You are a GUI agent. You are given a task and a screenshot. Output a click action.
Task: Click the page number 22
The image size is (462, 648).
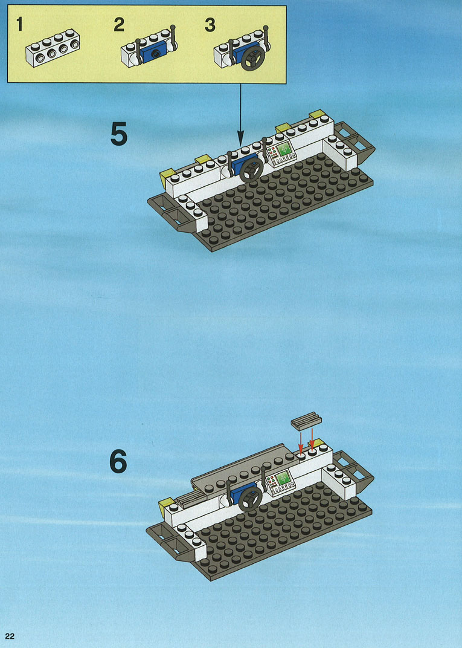pyautogui.click(x=10, y=637)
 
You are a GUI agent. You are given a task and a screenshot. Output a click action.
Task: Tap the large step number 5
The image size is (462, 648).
pyautogui.click(x=119, y=134)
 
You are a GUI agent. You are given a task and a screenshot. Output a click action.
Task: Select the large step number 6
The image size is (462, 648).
pyautogui.click(x=118, y=462)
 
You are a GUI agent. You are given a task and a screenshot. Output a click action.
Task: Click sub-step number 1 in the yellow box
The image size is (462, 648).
pyautogui.click(x=19, y=24)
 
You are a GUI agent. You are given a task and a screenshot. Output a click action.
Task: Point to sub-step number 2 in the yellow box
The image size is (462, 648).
pyautogui.click(x=119, y=24)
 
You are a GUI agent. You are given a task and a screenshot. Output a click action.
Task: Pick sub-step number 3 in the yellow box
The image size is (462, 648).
pyautogui.click(x=210, y=25)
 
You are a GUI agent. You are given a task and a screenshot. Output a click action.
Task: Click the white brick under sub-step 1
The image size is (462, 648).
pyautogui.click(x=53, y=48)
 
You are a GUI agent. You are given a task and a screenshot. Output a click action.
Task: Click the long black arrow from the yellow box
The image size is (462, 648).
pyautogui.click(x=241, y=114)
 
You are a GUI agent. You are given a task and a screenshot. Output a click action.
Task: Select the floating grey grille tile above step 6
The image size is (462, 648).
pyautogui.click(x=306, y=421)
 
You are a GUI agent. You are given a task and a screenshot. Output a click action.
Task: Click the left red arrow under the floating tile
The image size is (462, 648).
pyautogui.click(x=301, y=441)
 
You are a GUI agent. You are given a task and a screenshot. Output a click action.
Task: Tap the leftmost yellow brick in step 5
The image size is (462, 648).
pyautogui.click(x=167, y=177)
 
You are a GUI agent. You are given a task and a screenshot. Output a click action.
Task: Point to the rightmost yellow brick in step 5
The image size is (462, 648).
pyautogui.click(x=318, y=114)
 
